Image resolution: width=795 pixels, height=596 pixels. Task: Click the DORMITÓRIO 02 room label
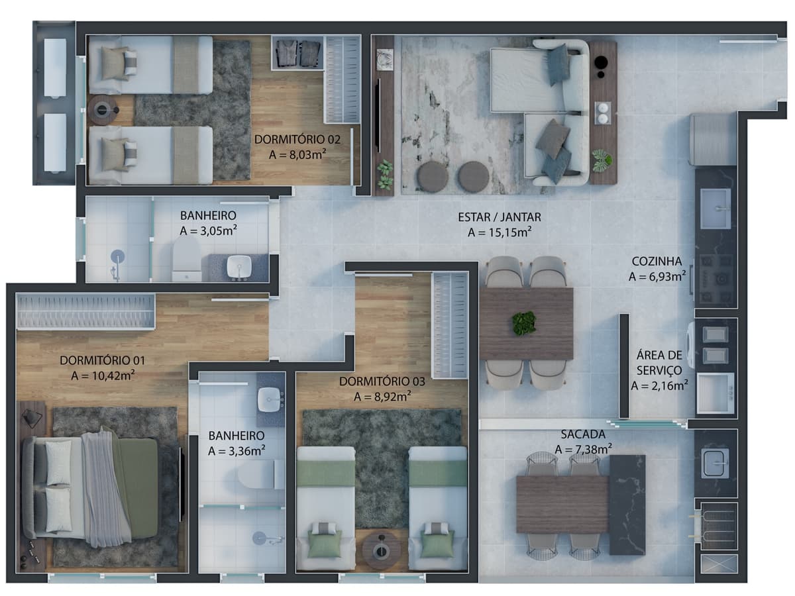(x=297, y=139)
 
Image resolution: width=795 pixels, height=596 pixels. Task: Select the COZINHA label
(x=657, y=262)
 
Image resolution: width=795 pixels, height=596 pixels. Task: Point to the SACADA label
(x=583, y=434)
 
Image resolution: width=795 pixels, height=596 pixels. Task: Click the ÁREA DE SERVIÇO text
(x=659, y=363)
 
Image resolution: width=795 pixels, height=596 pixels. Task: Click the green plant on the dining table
(x=524, y=323)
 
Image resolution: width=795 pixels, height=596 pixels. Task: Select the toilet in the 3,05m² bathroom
(x=187, y=259)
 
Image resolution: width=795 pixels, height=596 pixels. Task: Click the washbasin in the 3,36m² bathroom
(x=270, y=400)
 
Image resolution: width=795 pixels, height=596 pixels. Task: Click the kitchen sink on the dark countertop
(x=715, y=209)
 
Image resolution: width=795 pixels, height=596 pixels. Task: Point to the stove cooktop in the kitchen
(x=716, y=279)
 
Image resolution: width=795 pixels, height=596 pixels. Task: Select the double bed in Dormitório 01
(x=91, y=488)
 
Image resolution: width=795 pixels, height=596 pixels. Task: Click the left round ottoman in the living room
(x=433, y=177)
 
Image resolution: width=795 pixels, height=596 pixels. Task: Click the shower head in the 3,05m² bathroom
(x=117, y=258)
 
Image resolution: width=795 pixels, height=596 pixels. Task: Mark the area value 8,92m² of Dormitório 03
(x=382, y=397)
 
